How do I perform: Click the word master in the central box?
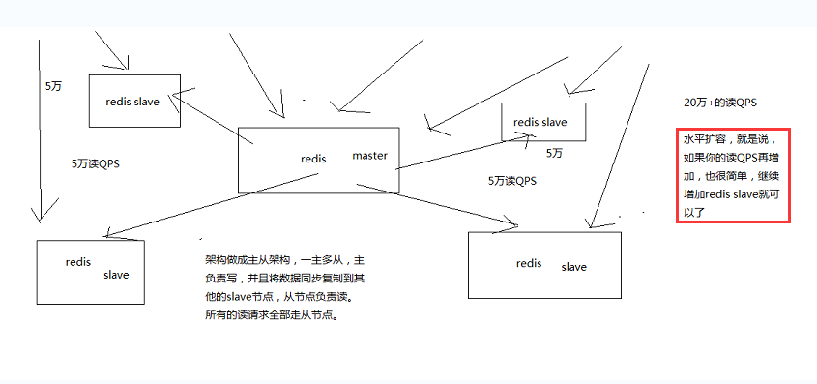369,155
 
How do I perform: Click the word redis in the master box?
313,159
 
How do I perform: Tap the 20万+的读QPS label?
719,103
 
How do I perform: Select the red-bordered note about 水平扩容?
734,176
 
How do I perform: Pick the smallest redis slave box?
542,122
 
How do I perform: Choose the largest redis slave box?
544,264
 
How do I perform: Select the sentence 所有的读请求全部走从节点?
272,315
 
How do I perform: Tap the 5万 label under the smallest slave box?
554,153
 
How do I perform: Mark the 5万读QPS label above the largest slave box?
512,180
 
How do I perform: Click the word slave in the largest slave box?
573,267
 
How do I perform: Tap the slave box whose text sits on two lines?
90,272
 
